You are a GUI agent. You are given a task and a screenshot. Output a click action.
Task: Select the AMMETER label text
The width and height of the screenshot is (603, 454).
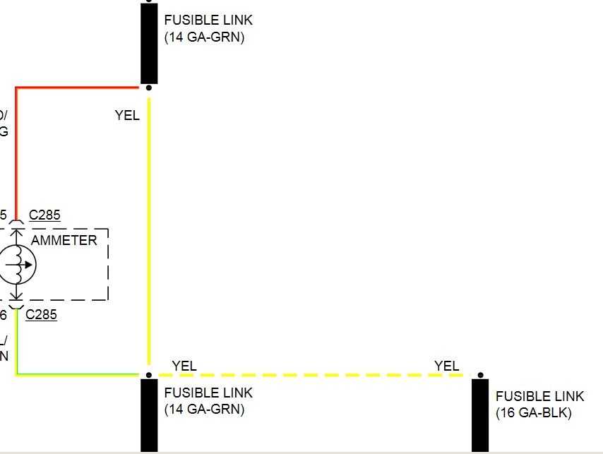(x=64, y=240)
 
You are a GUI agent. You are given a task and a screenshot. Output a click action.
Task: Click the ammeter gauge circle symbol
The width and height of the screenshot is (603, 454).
(x=17, y=265)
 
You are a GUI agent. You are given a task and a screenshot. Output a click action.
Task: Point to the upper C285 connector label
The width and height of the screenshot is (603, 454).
(x=44, y=215)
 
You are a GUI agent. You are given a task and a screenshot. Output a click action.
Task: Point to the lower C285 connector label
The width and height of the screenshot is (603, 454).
(x=41, y=315)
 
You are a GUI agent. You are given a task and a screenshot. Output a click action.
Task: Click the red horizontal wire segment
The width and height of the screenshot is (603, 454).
(x=78, y=88)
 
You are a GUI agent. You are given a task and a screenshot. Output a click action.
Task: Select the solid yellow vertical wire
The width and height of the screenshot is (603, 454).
(x=149, y=233)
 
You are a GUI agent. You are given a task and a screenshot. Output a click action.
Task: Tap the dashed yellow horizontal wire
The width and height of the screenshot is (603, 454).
(x=311, y=375)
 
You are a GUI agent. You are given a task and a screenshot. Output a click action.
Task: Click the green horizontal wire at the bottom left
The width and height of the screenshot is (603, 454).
(x=78, y=375)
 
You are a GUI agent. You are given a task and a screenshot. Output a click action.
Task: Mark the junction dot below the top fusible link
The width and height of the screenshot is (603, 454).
(x=148, y=88)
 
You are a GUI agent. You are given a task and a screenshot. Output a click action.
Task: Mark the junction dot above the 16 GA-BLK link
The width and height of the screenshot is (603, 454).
(x=480, y=375)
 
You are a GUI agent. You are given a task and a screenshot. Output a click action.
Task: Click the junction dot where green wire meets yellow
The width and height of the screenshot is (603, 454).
(x=148, y=375)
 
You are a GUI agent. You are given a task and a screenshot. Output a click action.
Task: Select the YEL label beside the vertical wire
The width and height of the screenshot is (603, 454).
(x=127, y=115)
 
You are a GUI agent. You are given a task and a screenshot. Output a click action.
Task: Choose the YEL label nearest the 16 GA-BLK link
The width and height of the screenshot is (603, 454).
(x=446, y=366)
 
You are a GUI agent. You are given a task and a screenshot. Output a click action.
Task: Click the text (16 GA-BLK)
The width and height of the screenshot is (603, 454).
(x=534, y=413)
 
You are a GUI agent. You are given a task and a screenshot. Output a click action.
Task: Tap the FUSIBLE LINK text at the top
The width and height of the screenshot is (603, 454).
(x=208, y=20)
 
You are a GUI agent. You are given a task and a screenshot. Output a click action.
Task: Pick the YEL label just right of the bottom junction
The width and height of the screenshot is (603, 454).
(x=184, y=366)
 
